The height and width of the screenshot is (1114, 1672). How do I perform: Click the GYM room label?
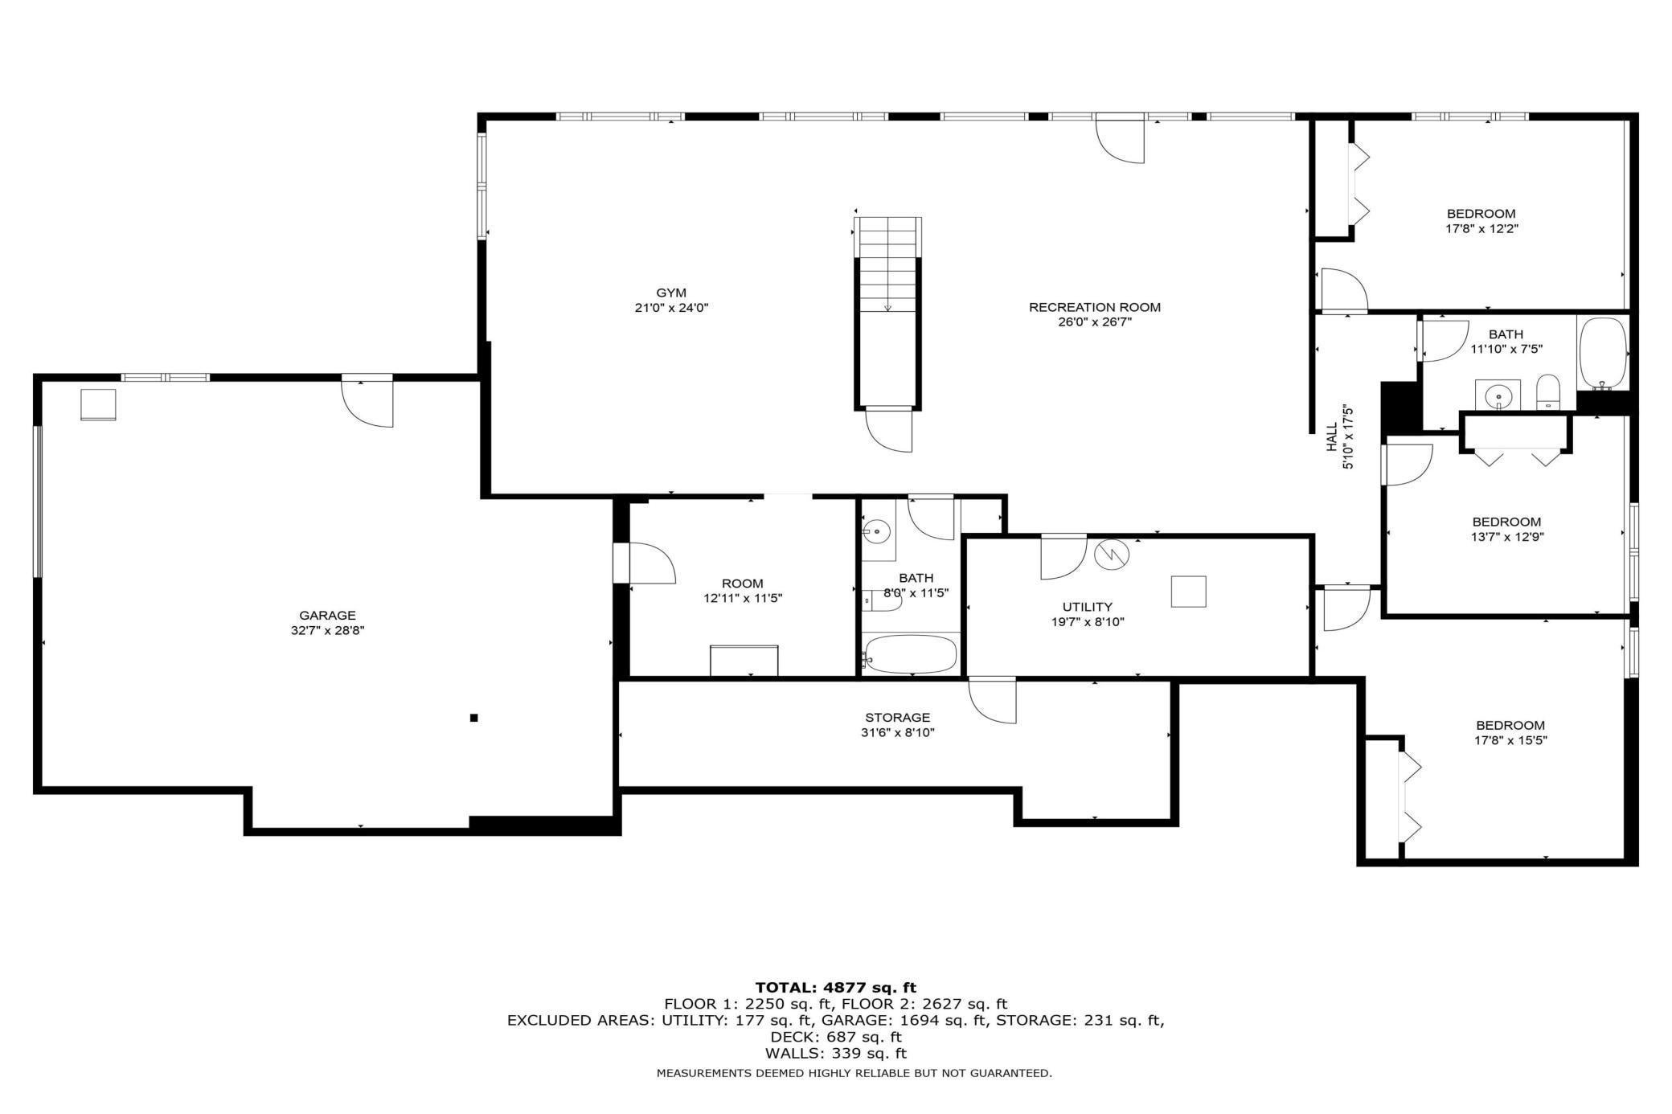coord(670,293)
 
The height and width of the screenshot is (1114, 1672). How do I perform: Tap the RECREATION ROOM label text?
coord(1094,307)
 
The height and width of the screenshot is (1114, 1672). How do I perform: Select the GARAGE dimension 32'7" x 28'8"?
coord(328,631)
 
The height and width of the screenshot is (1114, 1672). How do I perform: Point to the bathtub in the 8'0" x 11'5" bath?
coord(911,654)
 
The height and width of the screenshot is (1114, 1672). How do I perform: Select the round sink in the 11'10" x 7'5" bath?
coord(1497,395)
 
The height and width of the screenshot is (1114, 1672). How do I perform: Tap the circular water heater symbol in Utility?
coord(1113,554)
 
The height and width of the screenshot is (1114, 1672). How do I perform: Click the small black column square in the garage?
coord(474,718)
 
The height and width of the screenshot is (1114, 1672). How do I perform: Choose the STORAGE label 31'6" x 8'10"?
coord(897,725)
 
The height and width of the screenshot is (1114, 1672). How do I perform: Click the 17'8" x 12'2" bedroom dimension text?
coord(1481,228)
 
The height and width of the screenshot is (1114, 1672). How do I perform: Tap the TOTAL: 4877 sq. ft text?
coord(835,987)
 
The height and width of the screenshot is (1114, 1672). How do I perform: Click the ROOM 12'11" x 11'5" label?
coord(742,591)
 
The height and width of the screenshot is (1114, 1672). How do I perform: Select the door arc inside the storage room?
coord(992,701)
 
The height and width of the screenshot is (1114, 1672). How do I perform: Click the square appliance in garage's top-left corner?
coord(98,404)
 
